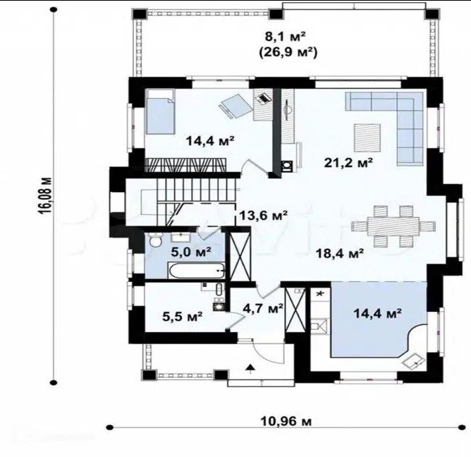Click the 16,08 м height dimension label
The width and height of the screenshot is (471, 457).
click(x=46, y=196)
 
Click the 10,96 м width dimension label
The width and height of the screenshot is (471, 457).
click(x=285, y=421)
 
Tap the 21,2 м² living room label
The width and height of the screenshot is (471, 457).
click(x=348, y=163)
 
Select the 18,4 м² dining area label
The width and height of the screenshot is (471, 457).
click(x=340, y=253)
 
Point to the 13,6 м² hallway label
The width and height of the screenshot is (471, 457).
click(x=263, y=215)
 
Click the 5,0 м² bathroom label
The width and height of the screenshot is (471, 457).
click(x=191, y=252)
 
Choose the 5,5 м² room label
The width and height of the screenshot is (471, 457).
click(x=182, y=316)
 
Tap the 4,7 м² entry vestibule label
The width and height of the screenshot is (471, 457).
click(x=263, y=308)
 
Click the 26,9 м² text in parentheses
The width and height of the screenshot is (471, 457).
click(x=288, y=53)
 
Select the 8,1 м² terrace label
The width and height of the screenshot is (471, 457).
click(x=285, y=37)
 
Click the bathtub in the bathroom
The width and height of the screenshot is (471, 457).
click(x=197, y=271)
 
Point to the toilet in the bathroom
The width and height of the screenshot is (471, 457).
click(x=156, y=241)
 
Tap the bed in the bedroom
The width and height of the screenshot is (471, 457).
click(x=160, y=112)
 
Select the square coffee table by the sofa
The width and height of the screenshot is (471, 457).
click(x=368, y=137)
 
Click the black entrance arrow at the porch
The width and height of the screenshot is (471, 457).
click(x=250, y=368)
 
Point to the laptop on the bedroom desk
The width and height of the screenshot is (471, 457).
click(x=263, y=98)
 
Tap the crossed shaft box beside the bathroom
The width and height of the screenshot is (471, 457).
click(x=240, y=256)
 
